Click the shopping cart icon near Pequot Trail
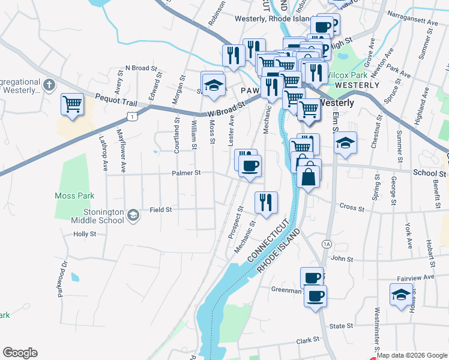[72, 104]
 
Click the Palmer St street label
[185, 173]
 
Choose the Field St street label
[161, 209]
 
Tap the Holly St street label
[85, 234]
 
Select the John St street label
[342, 259]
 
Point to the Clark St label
[308, 340]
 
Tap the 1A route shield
[327, 244]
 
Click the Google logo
[20, 353]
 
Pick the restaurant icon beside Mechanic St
[265, 202]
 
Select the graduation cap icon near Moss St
[212, 85]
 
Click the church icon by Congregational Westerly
[49, 85]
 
